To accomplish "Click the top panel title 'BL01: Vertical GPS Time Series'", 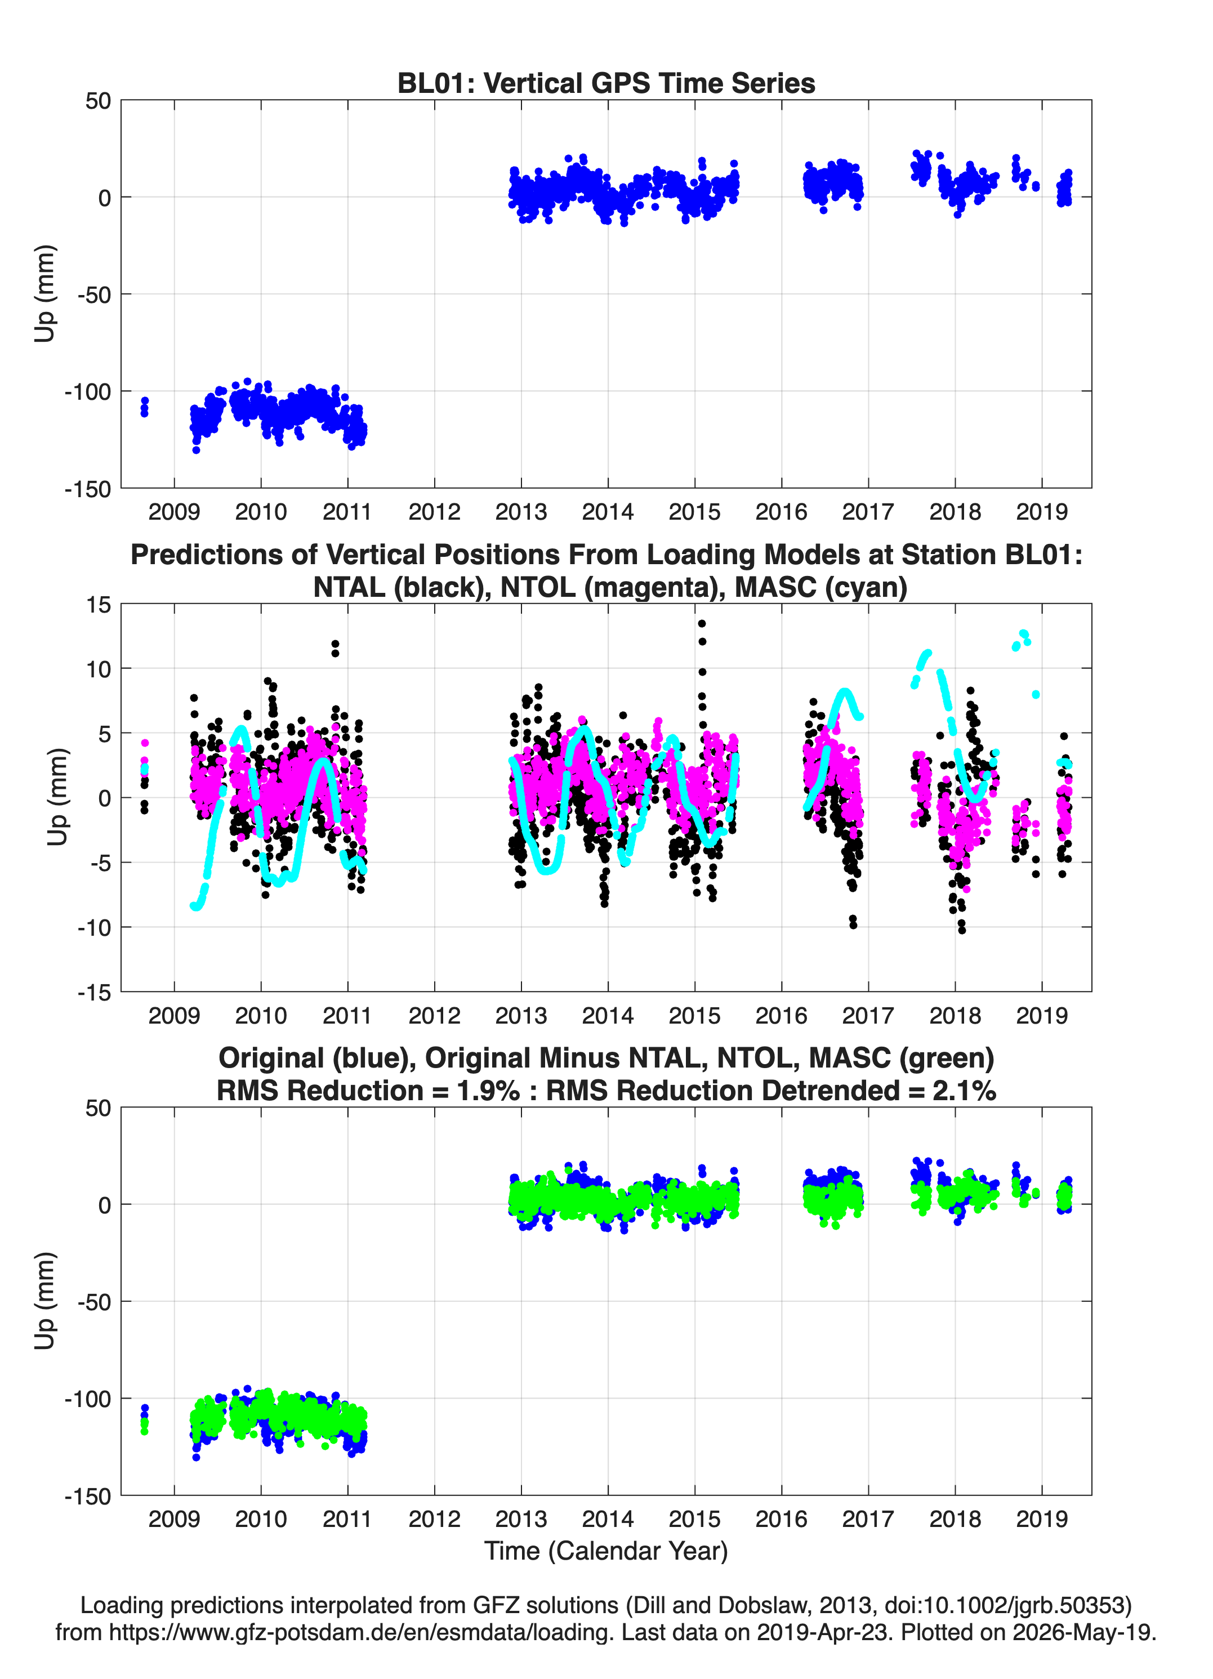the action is (x=606, y=83).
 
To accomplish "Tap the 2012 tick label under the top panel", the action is (x=434, y=512).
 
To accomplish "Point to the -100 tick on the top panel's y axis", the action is (x=87, y=391).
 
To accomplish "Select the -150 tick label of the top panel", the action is (x=87, y=489).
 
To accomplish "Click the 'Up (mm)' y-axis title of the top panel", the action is (x=45, y=294).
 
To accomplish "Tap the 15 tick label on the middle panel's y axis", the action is (x=99, y=604).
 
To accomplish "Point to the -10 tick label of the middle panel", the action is (x=94, y=927).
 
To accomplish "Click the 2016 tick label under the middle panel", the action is (x=781, y=1015).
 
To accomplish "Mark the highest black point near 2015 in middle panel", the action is (x=701, y=623).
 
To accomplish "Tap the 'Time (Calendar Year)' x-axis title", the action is (x=606, y=1551).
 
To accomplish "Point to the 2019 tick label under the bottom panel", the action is (x=1041, y=1519).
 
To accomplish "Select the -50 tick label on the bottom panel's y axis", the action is (x=94, y=1301).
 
